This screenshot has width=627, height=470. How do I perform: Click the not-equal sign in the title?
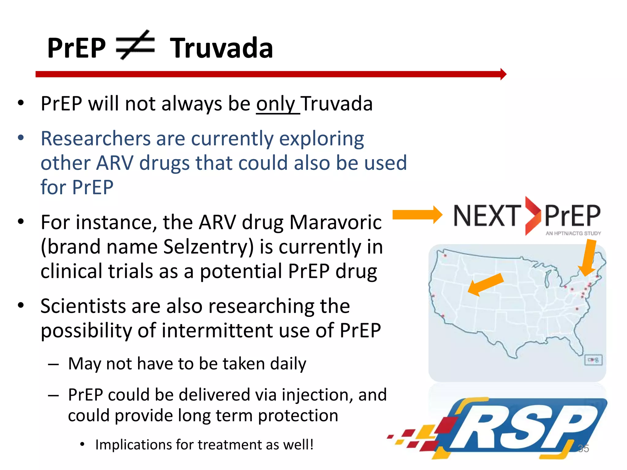coord(135,45)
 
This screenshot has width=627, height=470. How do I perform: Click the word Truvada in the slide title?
coord(221,48)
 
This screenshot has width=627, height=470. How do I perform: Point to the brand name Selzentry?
coord(208,247)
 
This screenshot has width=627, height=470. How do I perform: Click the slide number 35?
coord(583,448)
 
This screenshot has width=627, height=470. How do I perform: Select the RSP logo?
coord(520,428)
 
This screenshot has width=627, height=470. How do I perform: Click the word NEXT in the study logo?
coord(487,216)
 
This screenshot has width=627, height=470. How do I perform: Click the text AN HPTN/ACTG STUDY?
coord(573,233)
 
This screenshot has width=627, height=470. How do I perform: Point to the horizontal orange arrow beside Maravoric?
coord(417,215)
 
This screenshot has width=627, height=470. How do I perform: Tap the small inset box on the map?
coord(593,360)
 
